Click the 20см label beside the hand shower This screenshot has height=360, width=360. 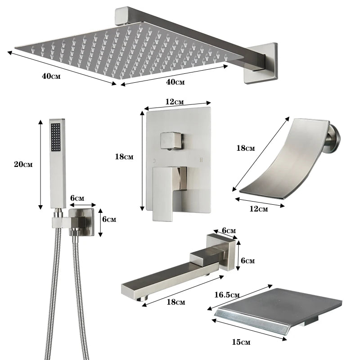point(23,164)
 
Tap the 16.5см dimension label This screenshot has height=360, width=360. point(227,295)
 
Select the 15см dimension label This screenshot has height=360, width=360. point(241,342)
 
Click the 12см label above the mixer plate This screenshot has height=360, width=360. point(175,102)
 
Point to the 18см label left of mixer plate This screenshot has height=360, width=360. point(124,157)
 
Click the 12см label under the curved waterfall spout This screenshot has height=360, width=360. point(258,209)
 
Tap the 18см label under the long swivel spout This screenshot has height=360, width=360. point(175,301)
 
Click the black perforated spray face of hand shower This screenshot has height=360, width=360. point(56,137)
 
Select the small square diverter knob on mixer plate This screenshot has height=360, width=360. point(171,140)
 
